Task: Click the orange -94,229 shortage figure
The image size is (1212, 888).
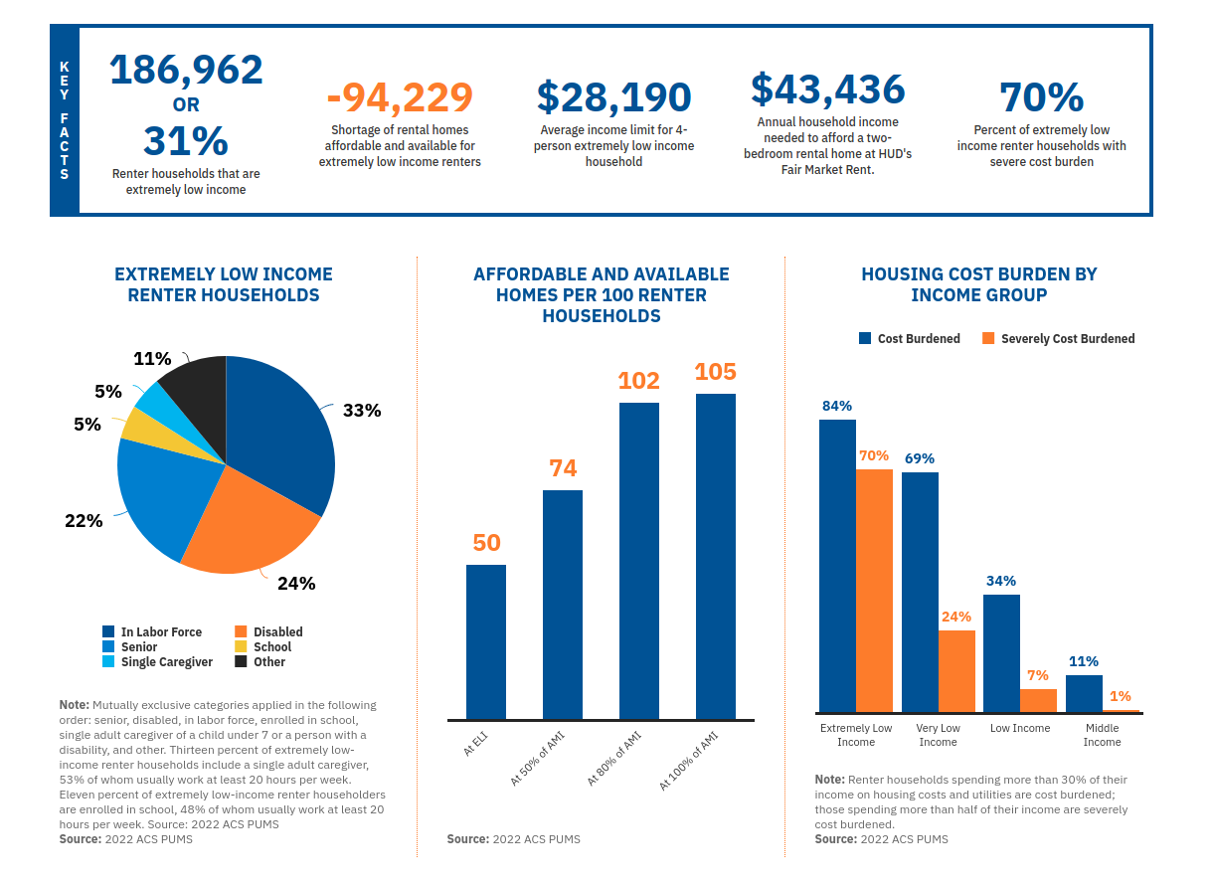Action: coord(400,97)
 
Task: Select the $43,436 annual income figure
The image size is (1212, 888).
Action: coord(828,89)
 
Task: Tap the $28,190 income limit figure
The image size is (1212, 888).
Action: coord(614,97)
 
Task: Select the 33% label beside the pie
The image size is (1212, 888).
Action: coord(362,410)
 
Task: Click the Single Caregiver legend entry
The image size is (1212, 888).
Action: coord(157,662)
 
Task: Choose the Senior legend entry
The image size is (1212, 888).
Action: coord(130,647)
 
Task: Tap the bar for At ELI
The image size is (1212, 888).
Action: coord(486,642)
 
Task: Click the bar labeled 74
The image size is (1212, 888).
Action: coord(563,605)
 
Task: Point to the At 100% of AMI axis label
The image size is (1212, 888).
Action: coord(689,761)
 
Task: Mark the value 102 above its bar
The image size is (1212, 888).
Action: coord(639,381)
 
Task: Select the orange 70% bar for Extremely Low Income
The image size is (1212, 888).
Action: coord(874,591)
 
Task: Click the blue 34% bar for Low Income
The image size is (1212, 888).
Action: coord(1001,653)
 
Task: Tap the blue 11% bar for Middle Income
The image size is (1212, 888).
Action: coord(1084,694)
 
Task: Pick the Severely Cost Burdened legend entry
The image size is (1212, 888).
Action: coord(1058,339)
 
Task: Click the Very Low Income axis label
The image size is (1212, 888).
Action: coord(939,736)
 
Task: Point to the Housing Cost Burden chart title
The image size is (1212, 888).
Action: coord(979,284)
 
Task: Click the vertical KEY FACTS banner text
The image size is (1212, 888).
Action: coord(65,120)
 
